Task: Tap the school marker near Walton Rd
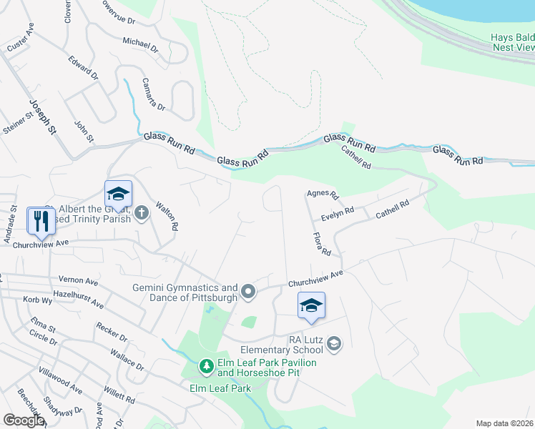coord(118,194)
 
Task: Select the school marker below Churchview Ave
coord(311,306)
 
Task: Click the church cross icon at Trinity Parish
coord(142,212)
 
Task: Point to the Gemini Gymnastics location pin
coord(248,291)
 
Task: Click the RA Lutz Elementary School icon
coord(333,345)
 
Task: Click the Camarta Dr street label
coord(153,94)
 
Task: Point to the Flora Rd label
coord(321,244)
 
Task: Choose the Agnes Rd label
coord(322,193)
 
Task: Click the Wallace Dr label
coord(127,360)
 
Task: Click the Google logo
coord(23,420)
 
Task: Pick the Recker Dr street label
coord(112,333)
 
